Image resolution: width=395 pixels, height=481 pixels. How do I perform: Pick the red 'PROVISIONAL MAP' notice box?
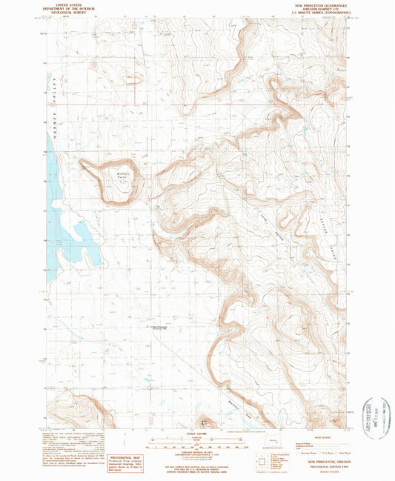pyautogui.click(x=113, y=462)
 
